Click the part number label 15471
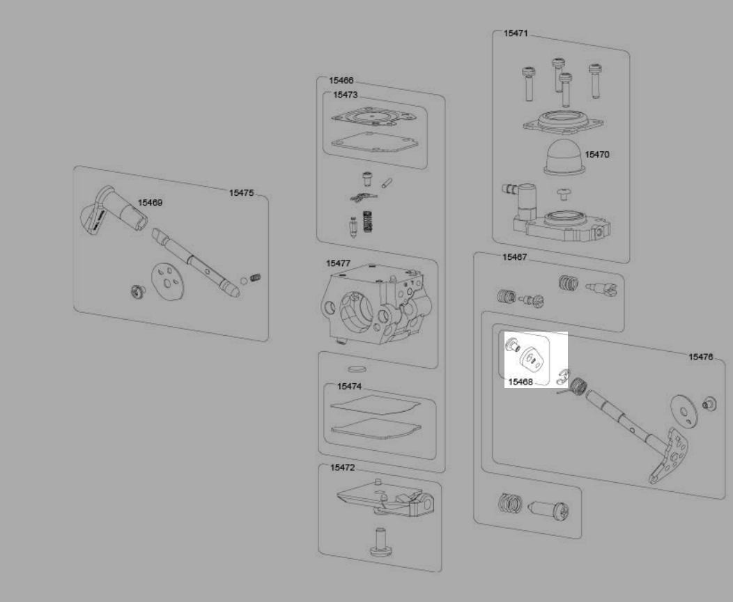[516, 33]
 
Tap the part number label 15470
[597, 154]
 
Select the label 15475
[241, 192]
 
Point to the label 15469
[150, 202]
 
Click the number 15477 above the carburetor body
[338, 263]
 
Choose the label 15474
[349, 386]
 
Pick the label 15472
[343, 468]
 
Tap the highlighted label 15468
[520, 381]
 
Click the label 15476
[701, 357]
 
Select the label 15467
[515, 256]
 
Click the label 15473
[346, 95]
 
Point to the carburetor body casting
[376, 304]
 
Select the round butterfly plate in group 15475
[167, 281]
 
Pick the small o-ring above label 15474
[357, 369]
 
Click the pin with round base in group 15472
[380, 542]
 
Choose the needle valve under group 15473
[353, 228]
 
